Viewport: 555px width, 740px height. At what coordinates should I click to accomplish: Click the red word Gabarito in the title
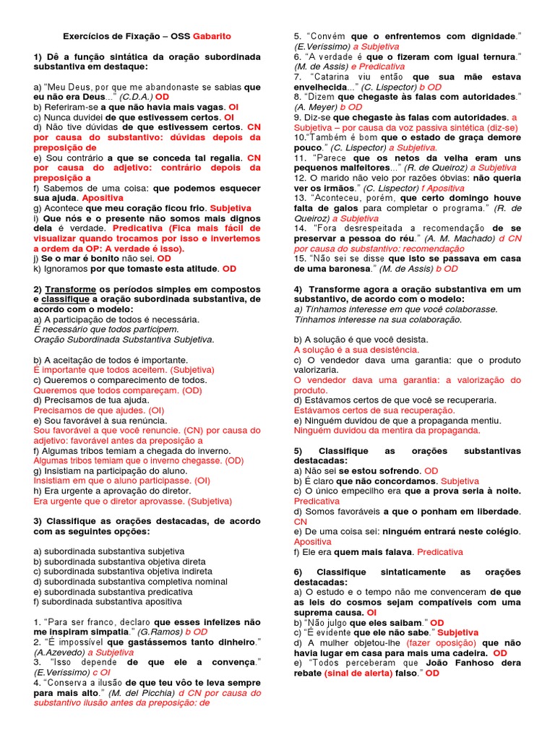pos(212,35)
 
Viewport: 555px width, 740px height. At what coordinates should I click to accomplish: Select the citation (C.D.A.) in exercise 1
pos(135,96)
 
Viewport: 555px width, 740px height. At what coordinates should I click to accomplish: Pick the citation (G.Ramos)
pos(165,631)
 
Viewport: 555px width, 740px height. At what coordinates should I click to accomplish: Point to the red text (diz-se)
pos(502,126)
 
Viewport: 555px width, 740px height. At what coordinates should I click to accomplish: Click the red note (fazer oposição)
pos(442,642)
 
